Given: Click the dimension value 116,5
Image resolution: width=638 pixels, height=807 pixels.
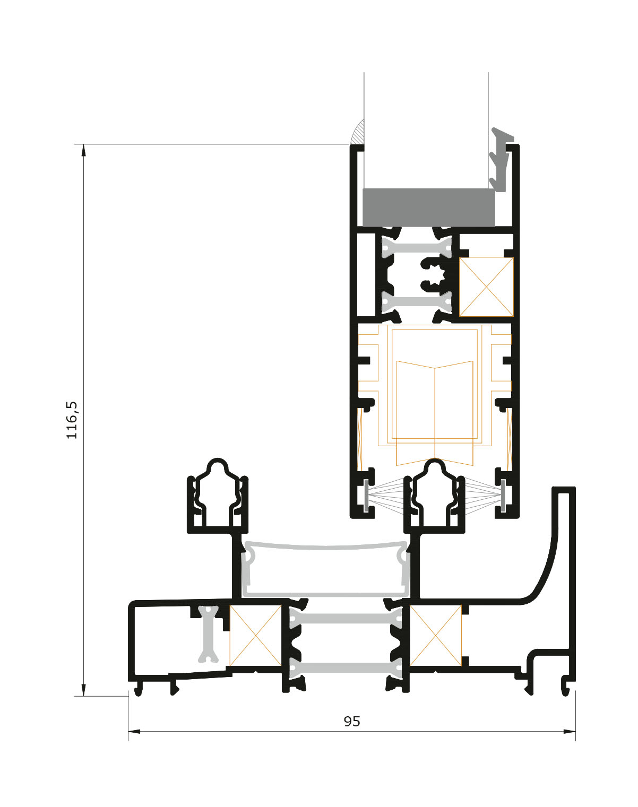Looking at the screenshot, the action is tap(72, 420).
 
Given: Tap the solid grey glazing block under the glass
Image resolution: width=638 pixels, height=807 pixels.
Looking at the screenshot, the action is tap(428, 207).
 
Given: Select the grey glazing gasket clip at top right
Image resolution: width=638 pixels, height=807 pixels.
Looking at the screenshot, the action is tap(502, 159).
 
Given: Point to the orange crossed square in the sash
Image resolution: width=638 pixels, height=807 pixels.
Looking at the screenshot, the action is tap(486, 287).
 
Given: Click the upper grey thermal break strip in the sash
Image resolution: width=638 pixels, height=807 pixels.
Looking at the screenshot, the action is tap(417, 248).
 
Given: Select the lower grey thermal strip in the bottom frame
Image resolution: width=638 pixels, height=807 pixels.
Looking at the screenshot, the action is tap(345, 667).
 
